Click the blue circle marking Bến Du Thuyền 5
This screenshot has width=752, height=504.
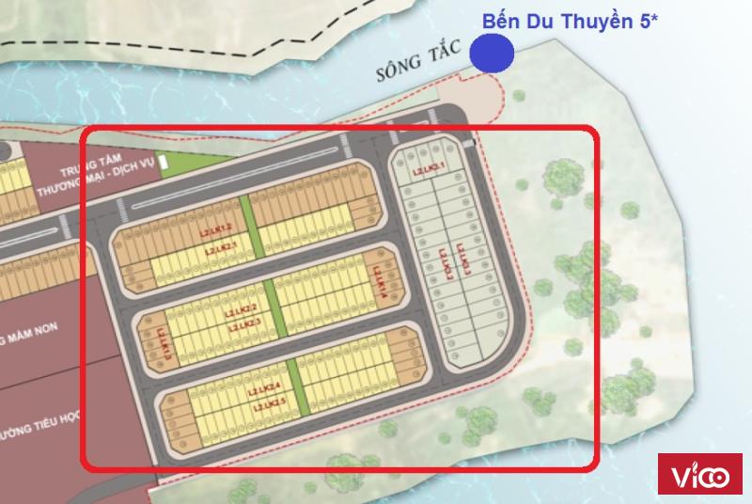[492, 53]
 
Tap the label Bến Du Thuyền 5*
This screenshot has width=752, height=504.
[569, 21]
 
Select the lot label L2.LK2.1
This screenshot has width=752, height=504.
[222, 248]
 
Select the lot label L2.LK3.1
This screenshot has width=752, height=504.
[428, 169]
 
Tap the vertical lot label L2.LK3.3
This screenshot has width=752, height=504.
[462, 260]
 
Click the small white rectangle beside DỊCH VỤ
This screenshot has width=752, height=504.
[164, 165]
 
